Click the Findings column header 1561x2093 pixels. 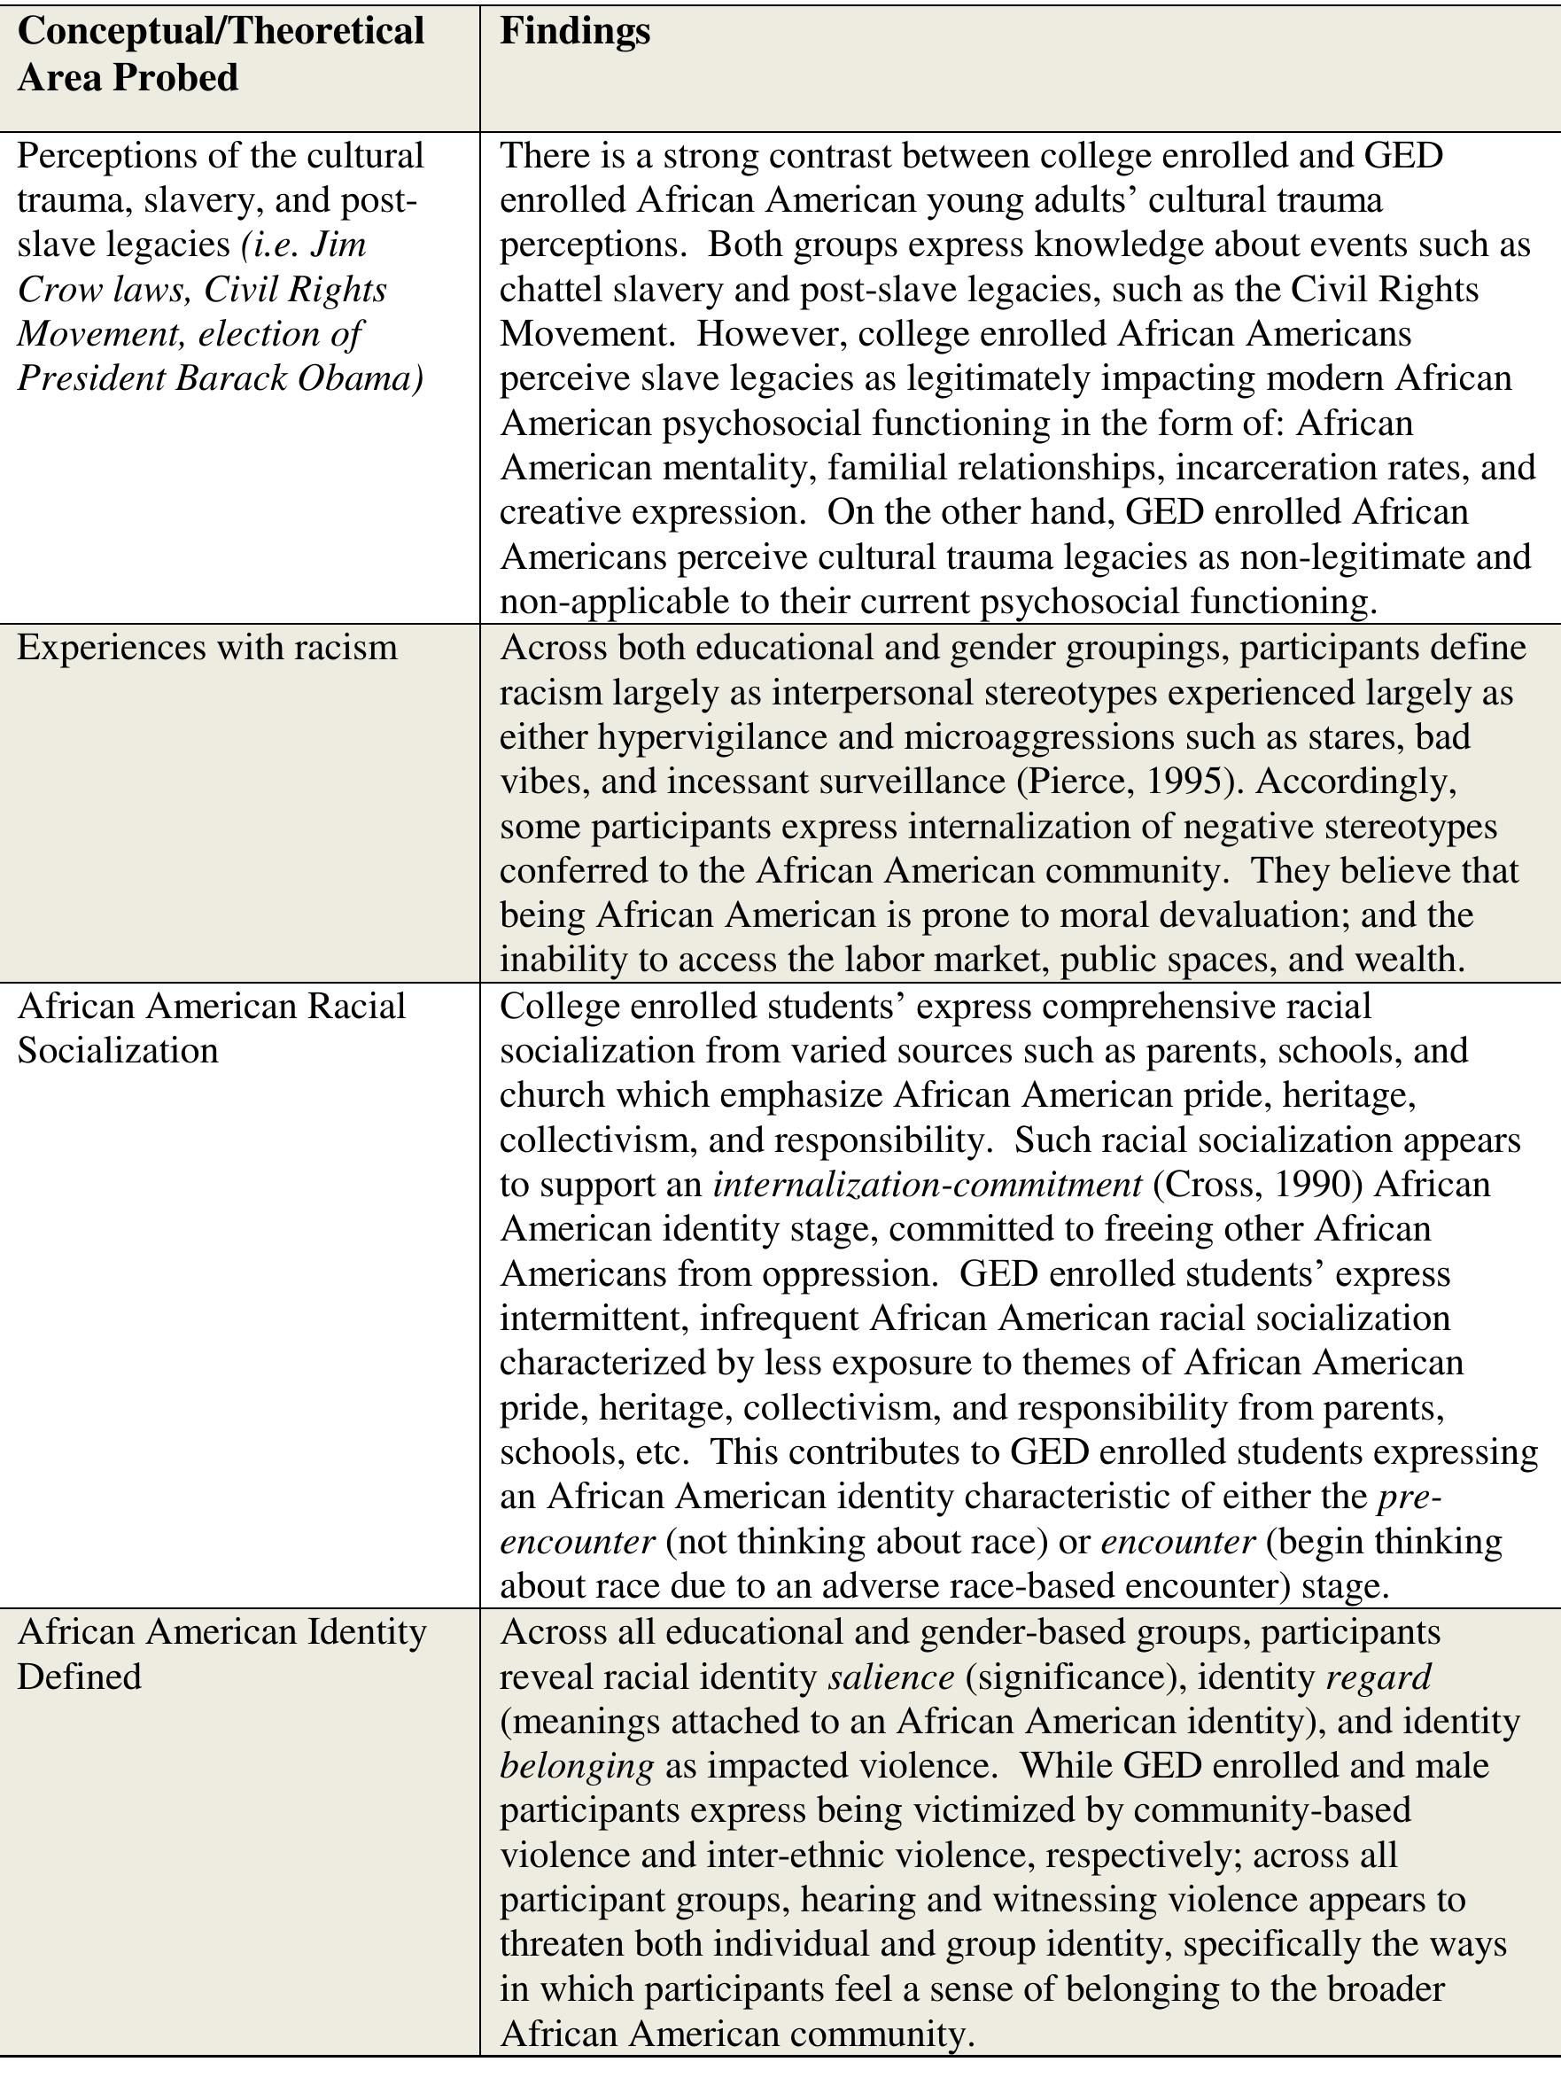(574, 31)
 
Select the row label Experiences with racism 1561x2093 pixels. (207, 647)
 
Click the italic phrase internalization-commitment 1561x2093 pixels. (927, 1184)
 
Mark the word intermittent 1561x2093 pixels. (591, 1319)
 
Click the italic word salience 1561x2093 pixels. (891, 1677)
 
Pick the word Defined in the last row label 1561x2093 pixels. (80, 1677)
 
